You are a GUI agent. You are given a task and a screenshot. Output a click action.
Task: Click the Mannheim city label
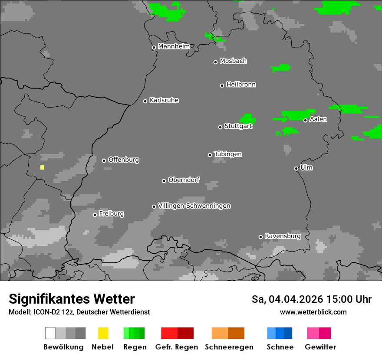pyautogui.click(x=174, y=46)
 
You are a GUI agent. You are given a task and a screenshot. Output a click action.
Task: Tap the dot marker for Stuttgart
pyautogui.click(x=220, y=127)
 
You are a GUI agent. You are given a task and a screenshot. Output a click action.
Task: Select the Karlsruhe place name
pyautogui.click(x=164, y=100)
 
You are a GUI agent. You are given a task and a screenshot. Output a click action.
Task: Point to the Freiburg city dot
pyautogui.click(x=95, y=215)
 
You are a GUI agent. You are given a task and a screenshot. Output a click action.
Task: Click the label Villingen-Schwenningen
pyautogui.click(x=194, y=206)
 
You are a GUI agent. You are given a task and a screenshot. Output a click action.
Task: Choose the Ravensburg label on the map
pyautogui.click(x=283, y=236)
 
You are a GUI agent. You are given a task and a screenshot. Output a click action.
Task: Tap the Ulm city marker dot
pyautogui.click(x=296, y=168)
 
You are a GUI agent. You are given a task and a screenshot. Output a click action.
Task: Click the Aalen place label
pyautogui.click(x=318, y=119)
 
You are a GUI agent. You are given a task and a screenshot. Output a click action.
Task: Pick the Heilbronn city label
pyautogui.click(x=241, y=85)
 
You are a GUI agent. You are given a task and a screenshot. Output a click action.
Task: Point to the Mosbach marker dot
pyautogui.click(x=215, y=62)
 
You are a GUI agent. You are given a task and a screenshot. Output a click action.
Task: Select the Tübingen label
pyautogui.click(x=228, y=154)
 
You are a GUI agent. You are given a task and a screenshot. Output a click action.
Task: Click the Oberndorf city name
pyautogui.click(x=184, y=180)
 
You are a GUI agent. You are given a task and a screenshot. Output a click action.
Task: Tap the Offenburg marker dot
pyautogui.click(x=104, y=160)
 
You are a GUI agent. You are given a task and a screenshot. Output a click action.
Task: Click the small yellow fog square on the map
pyautogui.click(x=42, y=167)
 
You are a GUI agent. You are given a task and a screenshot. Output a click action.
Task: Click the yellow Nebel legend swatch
pyautogui.click(x=103, y=333)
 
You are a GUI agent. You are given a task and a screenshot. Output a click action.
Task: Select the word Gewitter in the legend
pyautogui.click(x=320, y=347)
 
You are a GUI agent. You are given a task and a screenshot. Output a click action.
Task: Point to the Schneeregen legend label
pyautogui.click(x=229, y=347)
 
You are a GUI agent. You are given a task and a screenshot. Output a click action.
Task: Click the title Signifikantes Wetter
pyautogui.click(x=72, y=299)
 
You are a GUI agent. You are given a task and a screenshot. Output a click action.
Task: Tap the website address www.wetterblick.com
pyautogui.click(x=313, y=312)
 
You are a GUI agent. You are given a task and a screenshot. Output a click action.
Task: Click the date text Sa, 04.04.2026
pyautogui.click(x=288, y=299)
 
